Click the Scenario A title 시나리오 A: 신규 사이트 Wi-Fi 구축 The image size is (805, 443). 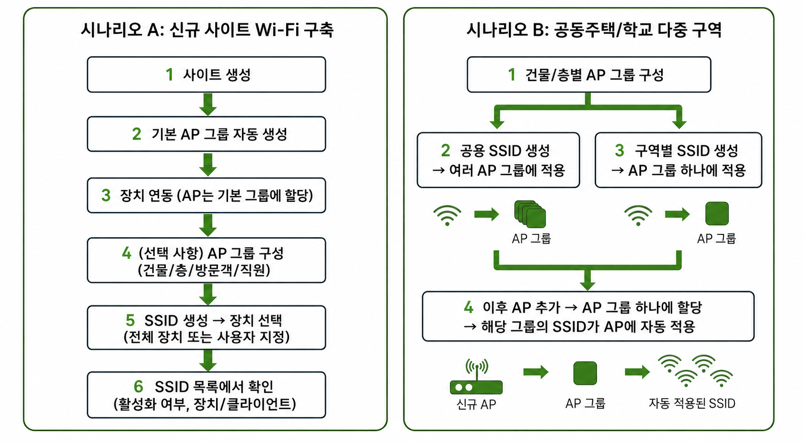tap(207, 30)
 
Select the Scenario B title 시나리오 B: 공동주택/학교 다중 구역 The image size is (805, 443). tap(594, 30)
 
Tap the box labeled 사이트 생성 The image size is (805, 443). tap(206, 74)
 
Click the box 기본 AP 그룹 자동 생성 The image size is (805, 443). tap(206, 134)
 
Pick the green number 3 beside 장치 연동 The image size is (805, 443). tap(106, 195)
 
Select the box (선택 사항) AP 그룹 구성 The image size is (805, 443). tap(206, 261)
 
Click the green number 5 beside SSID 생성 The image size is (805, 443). tap(130, 320)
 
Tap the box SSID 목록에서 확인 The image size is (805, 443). tap(206, 395)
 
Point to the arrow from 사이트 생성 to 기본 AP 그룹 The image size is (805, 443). tap(208, 105)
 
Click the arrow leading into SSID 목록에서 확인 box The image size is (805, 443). tap(208, 361)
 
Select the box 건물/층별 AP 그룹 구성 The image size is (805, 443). tap(589, 74)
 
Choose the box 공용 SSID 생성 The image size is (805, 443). tap(498, 160)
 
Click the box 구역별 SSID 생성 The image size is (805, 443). tap(678, 160)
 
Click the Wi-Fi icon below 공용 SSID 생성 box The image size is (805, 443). tap(447, 215)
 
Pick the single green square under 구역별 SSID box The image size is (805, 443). tap(717, 213)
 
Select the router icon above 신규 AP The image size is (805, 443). tap(476, 376)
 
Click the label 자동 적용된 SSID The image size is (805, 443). tap(692, 403)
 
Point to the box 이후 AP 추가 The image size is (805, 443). tap(588, 316)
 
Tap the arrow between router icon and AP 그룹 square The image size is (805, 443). tap(536, 372)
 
